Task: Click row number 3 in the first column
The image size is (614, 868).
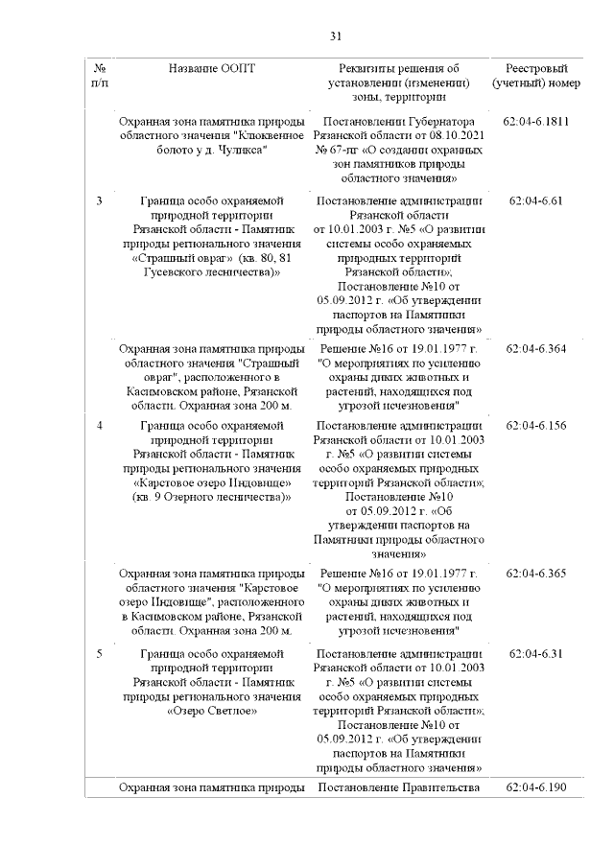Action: point(101,201)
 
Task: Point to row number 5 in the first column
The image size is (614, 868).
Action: point(101,652)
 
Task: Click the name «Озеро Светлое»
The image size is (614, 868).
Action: point(212,712)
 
